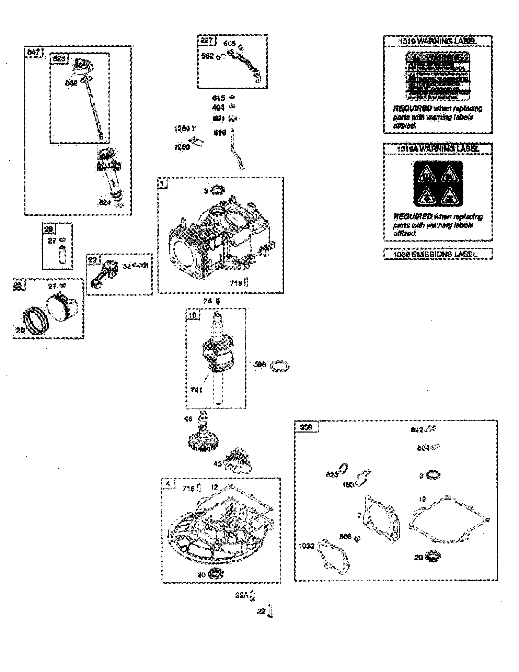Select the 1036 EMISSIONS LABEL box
(438, 254)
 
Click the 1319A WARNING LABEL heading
(438, 149)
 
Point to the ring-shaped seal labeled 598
(279, 366)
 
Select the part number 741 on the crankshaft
(196, 390)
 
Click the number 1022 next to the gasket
(306, 546)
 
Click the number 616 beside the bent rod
(220, 133)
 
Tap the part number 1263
(182, 147)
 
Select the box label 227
(207, 40)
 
